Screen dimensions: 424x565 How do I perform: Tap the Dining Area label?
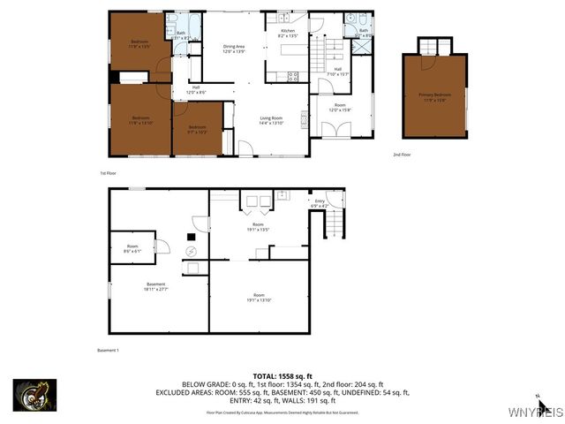click(x=233, y=49)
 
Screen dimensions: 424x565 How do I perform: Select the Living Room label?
click(x=270, y=120)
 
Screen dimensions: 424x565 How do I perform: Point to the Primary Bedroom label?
click(x=434, y=96)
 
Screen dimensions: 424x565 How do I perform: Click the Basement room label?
click(x=156, y=286)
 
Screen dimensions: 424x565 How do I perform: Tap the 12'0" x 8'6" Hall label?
click(x=196, y=89)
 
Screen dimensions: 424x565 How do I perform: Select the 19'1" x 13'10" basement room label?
click(x=259, y=297)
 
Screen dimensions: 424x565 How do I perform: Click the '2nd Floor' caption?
click(x=401, y=155)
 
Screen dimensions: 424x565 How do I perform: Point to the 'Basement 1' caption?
click(x=108, y=350)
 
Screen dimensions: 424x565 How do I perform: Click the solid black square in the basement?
click(x=191, y=236)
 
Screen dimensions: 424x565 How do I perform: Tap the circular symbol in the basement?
click(x=191, y=251)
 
